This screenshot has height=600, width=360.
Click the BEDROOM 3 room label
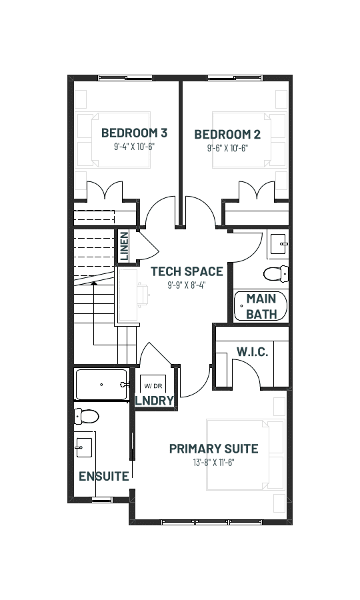[x=134, y=133]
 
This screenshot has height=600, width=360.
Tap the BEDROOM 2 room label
[x=227, y=134]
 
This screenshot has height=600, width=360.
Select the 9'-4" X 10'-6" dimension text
[x=134, y=147]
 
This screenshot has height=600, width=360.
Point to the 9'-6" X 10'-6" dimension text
[x=227, y=148]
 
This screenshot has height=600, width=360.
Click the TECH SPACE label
[x=187, y=271]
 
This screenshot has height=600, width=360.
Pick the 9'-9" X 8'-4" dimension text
[x=187, y=285]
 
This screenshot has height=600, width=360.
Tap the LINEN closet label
[x=124, y=247]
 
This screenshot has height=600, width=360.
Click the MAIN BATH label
[x=261, y=306]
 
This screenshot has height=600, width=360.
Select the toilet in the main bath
[x=275, y=274]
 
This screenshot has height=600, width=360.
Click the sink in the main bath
[x=279, y=244]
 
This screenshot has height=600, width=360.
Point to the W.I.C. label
[x=252, y=351]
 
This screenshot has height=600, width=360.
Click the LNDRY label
[x=155, y=401]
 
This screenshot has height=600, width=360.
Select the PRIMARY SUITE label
[x=213, y=449]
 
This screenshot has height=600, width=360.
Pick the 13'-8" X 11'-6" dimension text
[x=213, y=463]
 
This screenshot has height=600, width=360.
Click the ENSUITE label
[x=104, y=477]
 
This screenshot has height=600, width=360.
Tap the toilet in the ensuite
[x=87, y=416]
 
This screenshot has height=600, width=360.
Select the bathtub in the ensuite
[x=101, y=385]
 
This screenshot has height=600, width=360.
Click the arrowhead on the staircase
[x=93, y=283]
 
